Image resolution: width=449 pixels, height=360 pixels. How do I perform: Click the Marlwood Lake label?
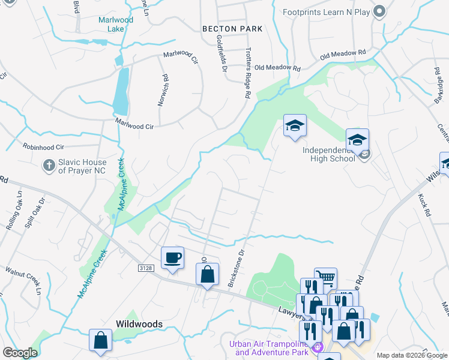click(x=116, y=24)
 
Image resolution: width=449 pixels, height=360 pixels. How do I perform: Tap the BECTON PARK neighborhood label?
click(x=232, y=28)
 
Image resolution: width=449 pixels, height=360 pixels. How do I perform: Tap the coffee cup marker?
click(x=173, y=258)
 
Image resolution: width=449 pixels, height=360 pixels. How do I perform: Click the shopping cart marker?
click(x=325, y=278)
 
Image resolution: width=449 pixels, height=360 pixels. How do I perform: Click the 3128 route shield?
click(x=146, y=267)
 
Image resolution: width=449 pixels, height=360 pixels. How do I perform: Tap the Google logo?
click(x=20, y=353)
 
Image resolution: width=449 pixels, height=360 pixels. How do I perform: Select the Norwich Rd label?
click(x=162, y=90)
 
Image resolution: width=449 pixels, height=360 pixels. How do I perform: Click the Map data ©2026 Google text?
click(x=411, y=355)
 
